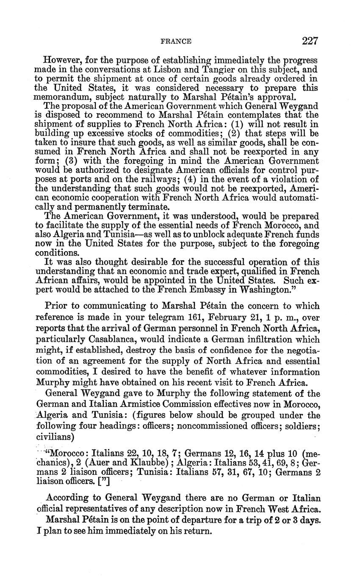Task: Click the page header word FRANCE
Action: point(176,42)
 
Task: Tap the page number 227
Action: point(310,41)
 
